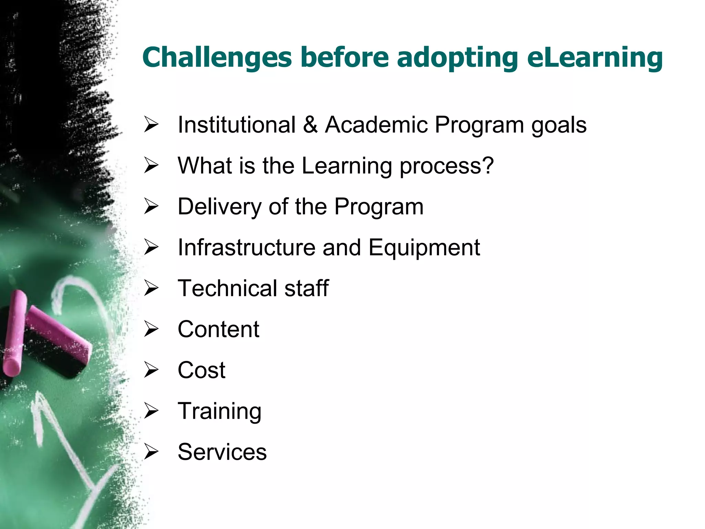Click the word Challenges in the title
pyautogui.click(x=217, y=57)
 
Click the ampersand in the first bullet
pyautogui.click(x=310, y=124)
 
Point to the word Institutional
pyautogui.click(x=236, y=124)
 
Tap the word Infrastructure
pyautogui.click(x=246, y=247)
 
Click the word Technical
pyautogui.click(x=227, y=288)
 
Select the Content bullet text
pyautogui.click(x=218, y=329)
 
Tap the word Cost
pyautogui.click(x=201, y=370)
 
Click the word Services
pyautogui.click(x=222, y=452)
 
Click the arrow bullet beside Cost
pyautogui.click(x=151, y=370)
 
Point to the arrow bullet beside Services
pyautogui.click(x=151, y=452)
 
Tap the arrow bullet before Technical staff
pyautogui.click(x=151, y=288)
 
